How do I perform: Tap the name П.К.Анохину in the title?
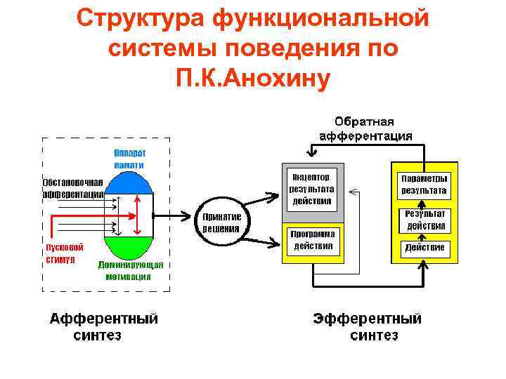(253, 79)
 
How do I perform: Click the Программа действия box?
(313, 239)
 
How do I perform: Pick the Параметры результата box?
(423, 184)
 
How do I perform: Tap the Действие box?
(424, 248)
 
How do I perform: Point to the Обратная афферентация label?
(365, 129)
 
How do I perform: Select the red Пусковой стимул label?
(65, 253)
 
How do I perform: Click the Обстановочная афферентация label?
(72, 187)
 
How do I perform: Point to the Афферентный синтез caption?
(103, 326)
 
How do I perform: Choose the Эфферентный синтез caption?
(368, 326)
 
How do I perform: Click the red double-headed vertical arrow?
(139, 215)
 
